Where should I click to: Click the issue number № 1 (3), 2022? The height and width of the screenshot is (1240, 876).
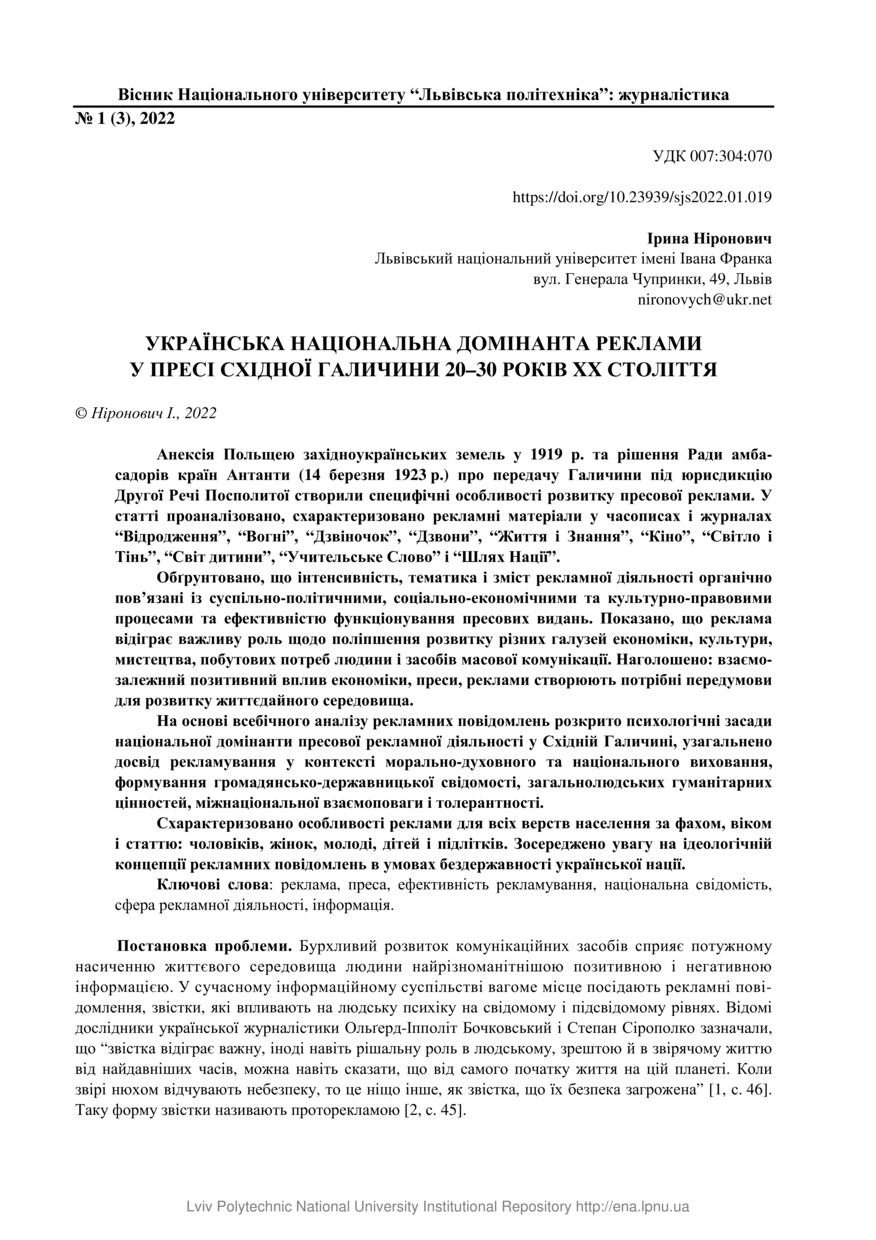125,118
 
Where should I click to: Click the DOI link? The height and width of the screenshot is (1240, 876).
641,198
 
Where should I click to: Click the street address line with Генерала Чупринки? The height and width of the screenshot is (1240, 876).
653,279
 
